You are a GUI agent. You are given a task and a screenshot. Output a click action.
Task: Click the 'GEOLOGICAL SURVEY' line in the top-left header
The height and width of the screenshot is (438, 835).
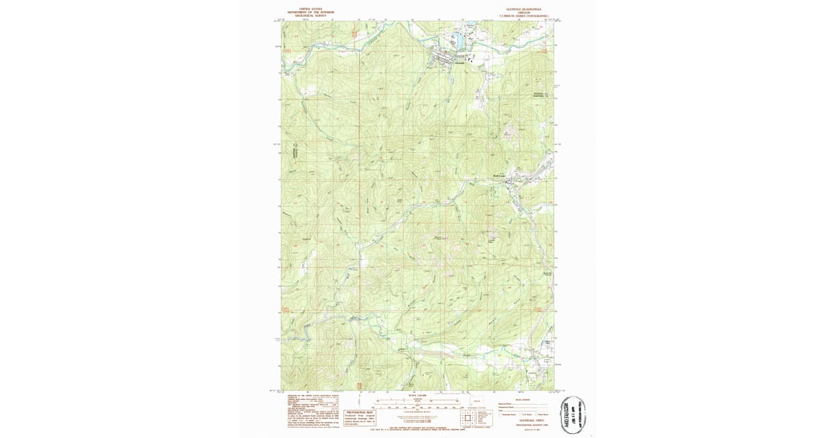coord(310,15)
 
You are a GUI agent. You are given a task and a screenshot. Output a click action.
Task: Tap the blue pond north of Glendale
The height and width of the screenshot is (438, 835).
coord(459,44)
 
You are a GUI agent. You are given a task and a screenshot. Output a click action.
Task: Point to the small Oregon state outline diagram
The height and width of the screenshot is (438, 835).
coord(477,401)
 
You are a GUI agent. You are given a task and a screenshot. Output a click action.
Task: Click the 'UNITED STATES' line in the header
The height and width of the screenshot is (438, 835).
coord(310,9)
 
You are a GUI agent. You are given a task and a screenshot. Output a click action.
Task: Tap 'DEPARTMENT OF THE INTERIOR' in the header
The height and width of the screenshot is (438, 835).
coord(310,12)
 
